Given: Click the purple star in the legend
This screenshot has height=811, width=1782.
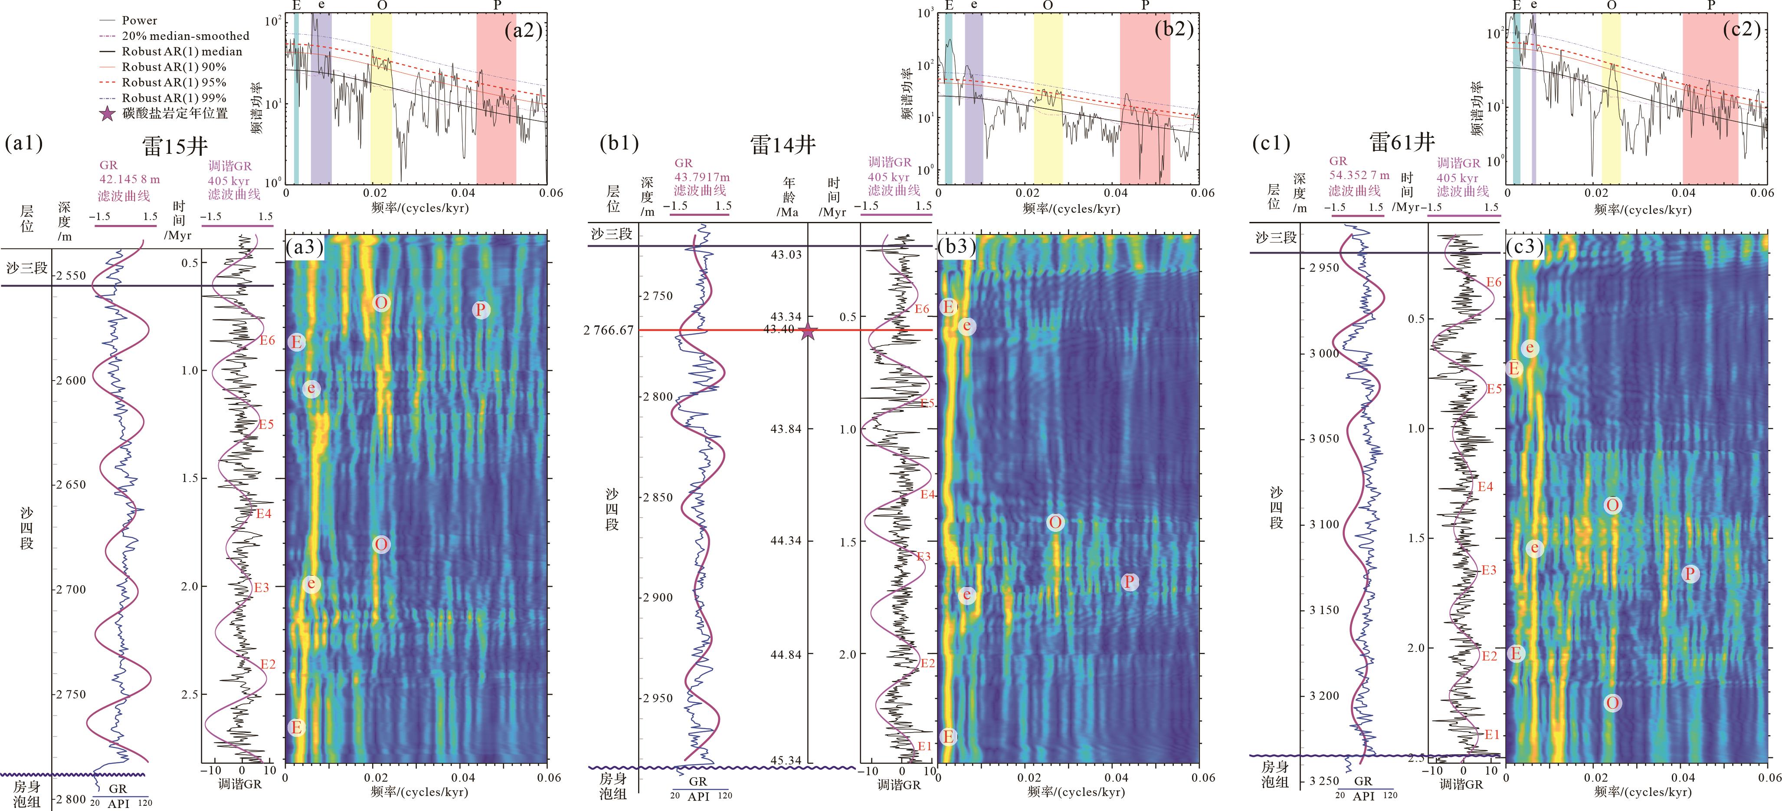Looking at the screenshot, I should coord(107,114).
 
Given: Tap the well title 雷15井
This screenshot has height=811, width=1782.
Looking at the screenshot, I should coord(174,146).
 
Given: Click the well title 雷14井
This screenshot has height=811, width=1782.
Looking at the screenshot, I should coord(783,144).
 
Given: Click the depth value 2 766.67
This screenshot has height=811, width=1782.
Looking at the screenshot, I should coord(608,330).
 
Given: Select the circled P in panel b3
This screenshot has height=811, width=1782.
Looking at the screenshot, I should coord(1129,582).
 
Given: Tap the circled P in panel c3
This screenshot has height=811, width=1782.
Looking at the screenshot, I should coord(1690,573).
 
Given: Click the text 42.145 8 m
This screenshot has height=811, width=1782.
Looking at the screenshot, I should coord(129,180).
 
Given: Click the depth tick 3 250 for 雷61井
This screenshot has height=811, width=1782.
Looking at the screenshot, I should coord(1323,781).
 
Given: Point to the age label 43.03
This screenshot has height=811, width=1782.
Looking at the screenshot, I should coord(786,254).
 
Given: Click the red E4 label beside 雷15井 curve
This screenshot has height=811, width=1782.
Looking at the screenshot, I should coord(264,514).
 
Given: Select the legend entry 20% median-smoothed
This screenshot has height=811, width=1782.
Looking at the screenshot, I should coord(185,36).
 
